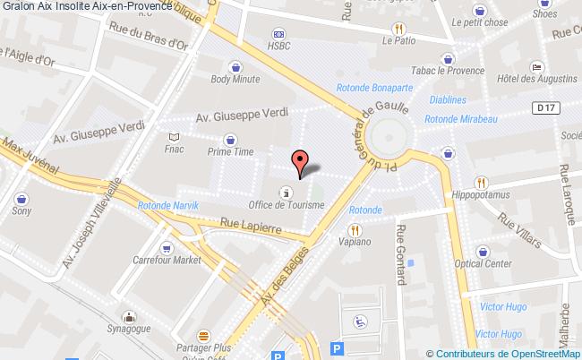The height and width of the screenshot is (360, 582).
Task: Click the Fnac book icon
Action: tap(174, 137)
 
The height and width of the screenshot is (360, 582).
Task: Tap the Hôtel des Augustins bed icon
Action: tap(535, 67)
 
